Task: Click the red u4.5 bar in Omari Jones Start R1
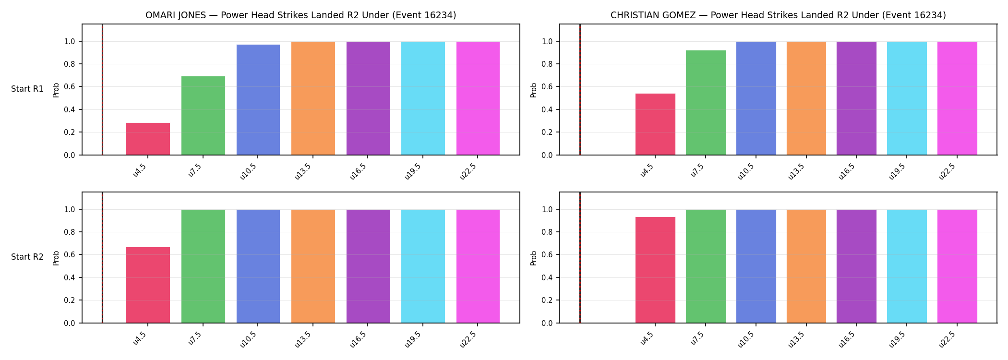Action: [148, 139]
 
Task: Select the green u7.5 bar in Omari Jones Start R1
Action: [203, 116]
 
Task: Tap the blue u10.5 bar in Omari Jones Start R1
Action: [258, 100]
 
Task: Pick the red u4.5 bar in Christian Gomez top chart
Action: [655, 124]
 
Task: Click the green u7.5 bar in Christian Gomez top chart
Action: [706, 103]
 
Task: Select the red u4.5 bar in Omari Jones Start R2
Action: [148, 285]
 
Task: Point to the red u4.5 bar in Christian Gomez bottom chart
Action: [655, 270]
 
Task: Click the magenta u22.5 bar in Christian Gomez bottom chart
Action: [957, 266]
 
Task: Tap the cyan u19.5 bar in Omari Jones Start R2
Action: [423, 266]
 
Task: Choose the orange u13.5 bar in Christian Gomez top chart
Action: [806, 98]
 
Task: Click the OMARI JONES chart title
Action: [301, 15]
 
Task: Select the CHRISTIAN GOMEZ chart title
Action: [778, 15]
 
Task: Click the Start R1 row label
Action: [27, 89]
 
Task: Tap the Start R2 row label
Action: [27, 257]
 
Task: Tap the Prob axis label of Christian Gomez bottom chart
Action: [534, 258]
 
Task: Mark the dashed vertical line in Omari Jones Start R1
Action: [102, 89]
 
